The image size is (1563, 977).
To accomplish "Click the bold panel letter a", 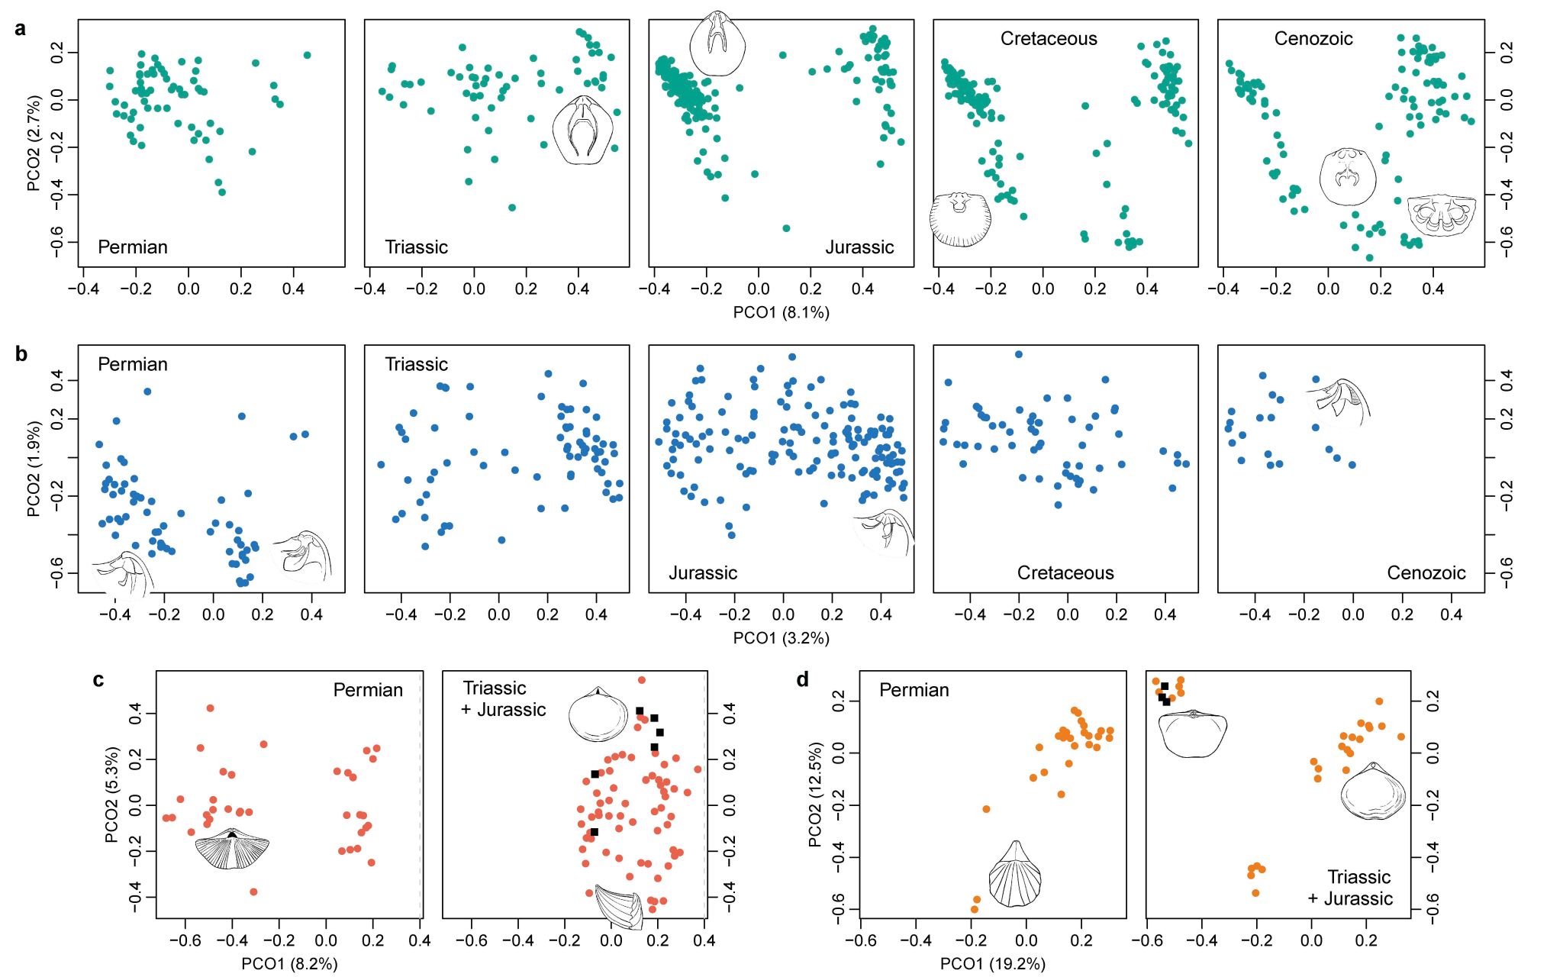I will coord(21,29).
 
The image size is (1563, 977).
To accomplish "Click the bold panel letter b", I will coord(21,354).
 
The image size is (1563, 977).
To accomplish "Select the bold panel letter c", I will coord(98,679).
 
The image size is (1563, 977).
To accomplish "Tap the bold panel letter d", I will coord(802,679).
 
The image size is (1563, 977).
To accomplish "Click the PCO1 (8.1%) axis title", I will coord(781,312).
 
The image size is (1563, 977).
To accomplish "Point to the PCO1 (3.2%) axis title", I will coord(781,638).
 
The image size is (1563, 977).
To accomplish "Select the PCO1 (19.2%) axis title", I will coord(992,964).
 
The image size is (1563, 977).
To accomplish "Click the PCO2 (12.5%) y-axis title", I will coord(815,794).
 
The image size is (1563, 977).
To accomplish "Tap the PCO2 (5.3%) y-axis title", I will coord(111,794).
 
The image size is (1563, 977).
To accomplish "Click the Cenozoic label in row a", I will coord(1313,39).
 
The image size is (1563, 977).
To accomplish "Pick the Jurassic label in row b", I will coord(703,573).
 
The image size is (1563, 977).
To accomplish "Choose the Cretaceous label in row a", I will coord(1049,39).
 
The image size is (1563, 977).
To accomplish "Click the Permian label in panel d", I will coord(914,690).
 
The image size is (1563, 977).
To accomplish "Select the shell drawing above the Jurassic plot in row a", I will coord(717,44).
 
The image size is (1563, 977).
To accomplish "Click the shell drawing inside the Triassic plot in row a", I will coord(583,130).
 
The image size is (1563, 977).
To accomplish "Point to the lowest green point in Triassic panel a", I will coord(512,208).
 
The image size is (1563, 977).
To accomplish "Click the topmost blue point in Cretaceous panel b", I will coord(1018,354).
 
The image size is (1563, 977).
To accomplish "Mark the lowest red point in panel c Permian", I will coord(253,892).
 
